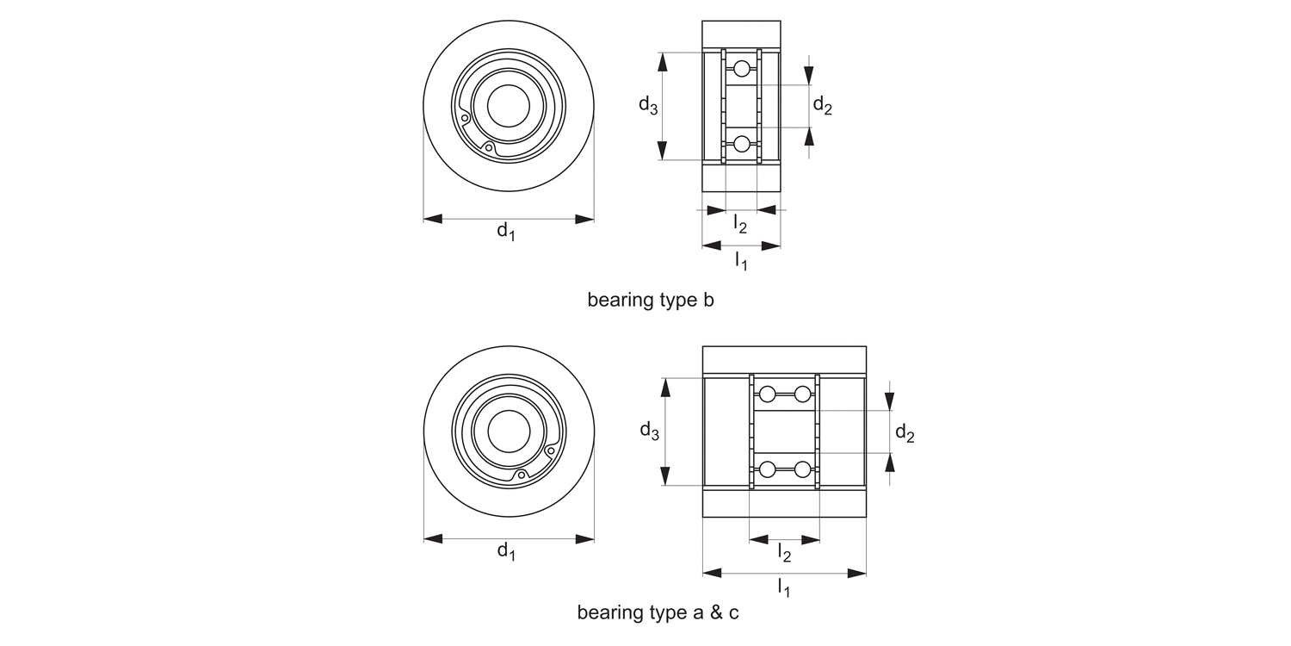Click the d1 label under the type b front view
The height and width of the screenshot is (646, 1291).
506,232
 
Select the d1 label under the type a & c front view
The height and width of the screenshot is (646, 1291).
506,551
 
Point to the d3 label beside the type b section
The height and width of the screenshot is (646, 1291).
648,106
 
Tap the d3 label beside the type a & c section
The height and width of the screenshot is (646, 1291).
649,431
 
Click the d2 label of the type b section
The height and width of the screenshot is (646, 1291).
823,106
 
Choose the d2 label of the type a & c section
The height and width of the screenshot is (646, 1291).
905,433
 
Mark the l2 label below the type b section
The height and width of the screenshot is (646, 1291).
740,224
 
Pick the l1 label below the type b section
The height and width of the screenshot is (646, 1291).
741,259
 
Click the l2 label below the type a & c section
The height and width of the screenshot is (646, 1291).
784,553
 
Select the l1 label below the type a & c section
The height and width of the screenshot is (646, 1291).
784,587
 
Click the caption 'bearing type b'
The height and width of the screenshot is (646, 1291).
651,301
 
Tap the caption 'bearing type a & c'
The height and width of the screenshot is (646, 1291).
658,613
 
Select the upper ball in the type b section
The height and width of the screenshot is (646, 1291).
742,69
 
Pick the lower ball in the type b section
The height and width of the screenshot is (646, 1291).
742,144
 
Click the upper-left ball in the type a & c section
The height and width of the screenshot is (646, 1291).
767,394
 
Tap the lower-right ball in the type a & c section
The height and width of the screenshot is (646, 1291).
802,469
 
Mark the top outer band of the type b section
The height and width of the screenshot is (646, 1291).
741,34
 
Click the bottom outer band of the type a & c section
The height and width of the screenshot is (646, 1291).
784,503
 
